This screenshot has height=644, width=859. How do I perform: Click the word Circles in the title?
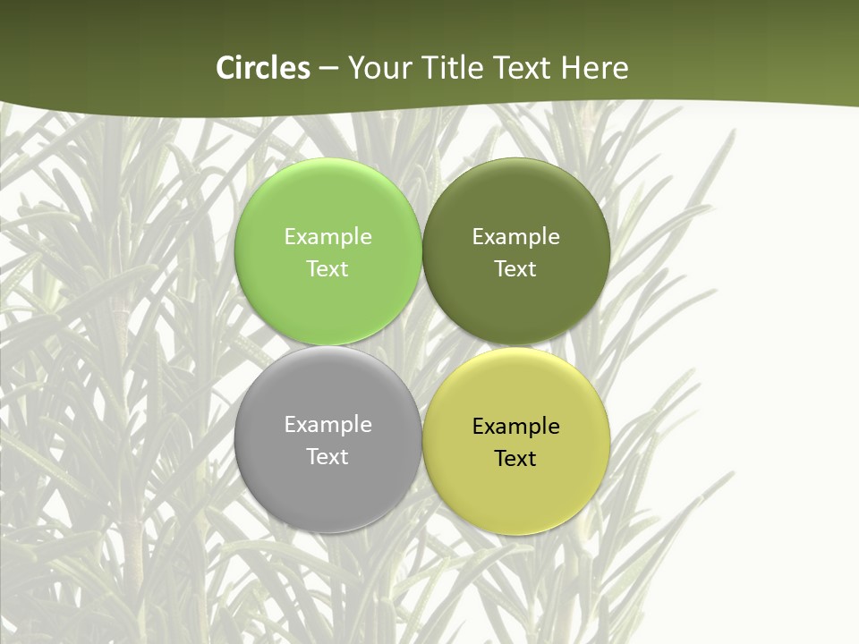(263, 68)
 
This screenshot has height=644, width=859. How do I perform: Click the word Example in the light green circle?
(327, 237)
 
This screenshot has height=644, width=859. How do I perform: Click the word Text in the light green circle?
(327, 269)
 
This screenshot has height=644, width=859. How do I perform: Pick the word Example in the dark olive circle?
(516, 237)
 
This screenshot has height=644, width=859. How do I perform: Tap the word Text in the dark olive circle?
(516, 269)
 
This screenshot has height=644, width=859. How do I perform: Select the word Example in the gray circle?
(327, 425)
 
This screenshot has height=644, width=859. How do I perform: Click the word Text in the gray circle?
(327, 457)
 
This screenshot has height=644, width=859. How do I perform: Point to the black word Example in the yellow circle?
(516, 427)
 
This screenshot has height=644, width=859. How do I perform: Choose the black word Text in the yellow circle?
(516, 459)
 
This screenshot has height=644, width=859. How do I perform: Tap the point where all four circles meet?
(422, 346)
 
